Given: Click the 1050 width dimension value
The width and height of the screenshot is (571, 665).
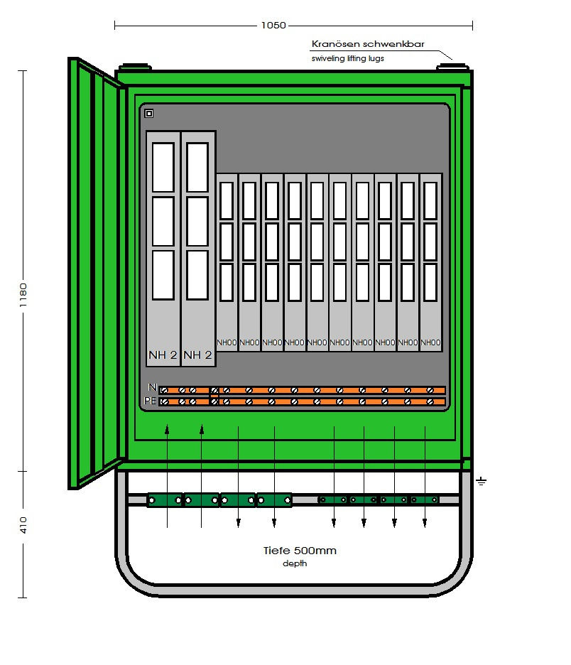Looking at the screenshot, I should click(x=273, y=26).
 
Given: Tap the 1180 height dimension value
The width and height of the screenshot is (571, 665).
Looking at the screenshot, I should click(x=23, y=293).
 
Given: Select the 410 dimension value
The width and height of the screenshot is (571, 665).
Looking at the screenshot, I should click(x=23, y=525).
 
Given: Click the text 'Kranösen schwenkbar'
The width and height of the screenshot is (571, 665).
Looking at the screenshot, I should click(x=368, y=44).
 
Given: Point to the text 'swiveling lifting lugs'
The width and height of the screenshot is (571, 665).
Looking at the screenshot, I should click(x=347, y=58).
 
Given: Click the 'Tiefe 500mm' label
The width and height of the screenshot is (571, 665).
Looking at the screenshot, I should click(x=300, y=551).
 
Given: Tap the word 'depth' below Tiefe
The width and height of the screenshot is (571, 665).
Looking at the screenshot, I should click(x=295, y=563).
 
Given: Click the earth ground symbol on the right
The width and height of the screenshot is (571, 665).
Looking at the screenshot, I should click(x=482, y=482).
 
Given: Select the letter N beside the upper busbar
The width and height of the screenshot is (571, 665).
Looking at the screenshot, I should click(x=152, y=388).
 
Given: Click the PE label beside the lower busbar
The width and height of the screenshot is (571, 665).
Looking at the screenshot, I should click(x=150, y=401).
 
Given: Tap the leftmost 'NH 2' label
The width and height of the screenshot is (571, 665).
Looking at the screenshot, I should click(x=163, y=355).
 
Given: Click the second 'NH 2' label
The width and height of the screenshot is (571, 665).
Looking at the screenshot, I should click(x=198, y=355).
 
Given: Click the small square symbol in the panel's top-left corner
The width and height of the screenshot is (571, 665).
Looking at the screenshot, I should click(x=149, y=113).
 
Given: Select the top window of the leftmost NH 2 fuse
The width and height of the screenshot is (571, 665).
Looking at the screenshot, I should click(x=163, y=167).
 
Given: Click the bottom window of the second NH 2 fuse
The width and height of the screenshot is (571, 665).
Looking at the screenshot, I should click(x=197, y=274).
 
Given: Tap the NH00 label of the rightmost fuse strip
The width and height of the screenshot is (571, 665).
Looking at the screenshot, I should click(x=430, y=342).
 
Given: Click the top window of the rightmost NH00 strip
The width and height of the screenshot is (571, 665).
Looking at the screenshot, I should click(x=430, y=200).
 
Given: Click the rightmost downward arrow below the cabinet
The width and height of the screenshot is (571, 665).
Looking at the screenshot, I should click(x=425, y=523).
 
